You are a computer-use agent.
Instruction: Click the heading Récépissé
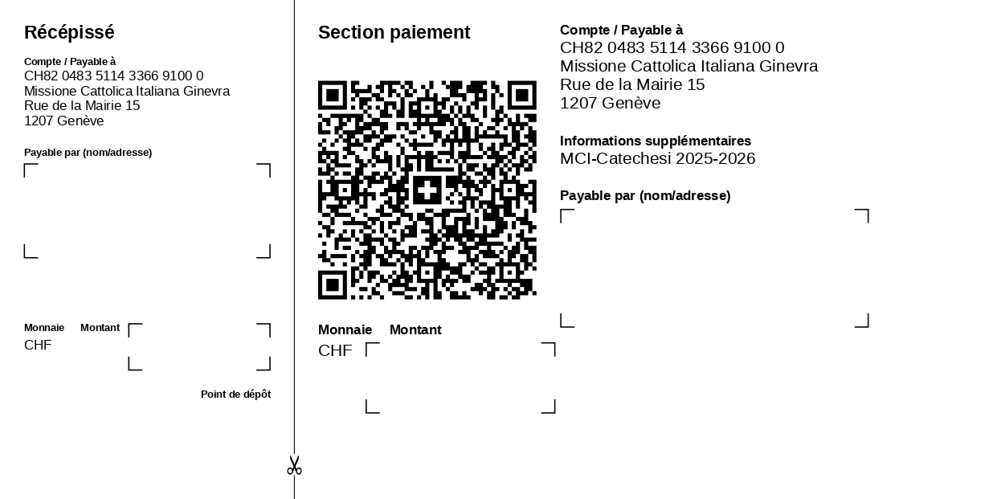(69, 32)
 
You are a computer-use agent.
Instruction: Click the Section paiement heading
(394, 32)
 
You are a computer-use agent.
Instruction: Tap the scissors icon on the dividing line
(294, 465)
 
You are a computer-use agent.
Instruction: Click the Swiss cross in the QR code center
(427, 190)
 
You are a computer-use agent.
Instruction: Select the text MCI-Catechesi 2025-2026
(657, 158)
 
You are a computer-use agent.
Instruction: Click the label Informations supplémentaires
(656, 141)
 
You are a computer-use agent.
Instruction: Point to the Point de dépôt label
(236, 395)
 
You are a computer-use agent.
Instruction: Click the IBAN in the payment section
(672, 47)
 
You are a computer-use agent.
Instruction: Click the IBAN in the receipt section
(113, 76)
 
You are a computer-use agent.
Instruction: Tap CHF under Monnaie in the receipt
(38, 345)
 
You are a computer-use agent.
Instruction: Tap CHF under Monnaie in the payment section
(335, 351)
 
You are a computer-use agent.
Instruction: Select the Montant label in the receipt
(100, 328)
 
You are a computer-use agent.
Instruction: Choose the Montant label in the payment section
(415, 329)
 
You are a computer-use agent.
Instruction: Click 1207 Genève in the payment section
(610, 104)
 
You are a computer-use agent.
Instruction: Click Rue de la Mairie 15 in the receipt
(82, 105)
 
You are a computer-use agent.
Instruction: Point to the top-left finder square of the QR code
(333, 96)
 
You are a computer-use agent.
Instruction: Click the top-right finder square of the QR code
(522, 96)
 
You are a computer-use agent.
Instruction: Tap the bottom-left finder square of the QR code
(333, 285)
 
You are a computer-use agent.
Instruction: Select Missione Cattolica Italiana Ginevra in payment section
(689, 67)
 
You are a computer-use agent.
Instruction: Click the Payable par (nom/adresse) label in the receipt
(88, 153)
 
